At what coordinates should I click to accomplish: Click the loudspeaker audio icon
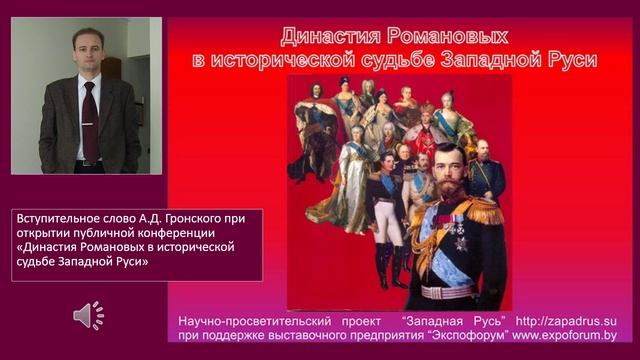click(x=88, y=316)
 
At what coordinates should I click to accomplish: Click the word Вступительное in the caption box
click(x=58, y=218)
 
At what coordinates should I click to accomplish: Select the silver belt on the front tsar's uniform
click(x=445, y=291)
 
